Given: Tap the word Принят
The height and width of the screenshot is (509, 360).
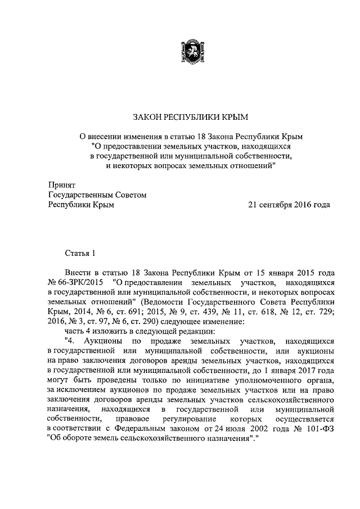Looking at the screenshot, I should point(61,184).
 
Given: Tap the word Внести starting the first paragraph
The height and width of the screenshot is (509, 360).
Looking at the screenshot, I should point(78,271).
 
